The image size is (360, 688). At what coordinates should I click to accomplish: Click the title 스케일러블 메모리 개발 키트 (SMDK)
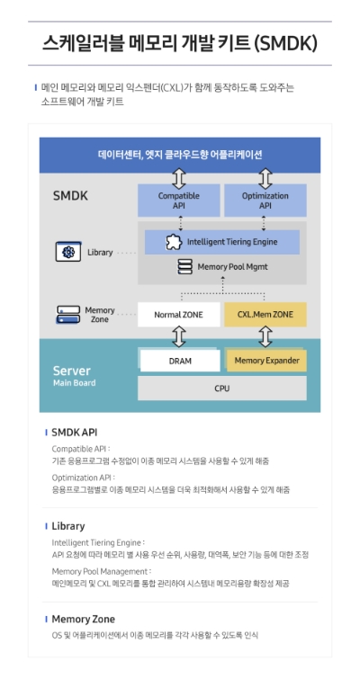click(180, 43)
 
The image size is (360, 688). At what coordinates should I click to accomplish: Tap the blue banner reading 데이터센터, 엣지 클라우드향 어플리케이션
click(180, 154)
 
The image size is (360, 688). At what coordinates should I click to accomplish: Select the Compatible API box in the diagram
click(178, 200)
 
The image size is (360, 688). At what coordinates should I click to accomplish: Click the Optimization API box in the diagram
click(265, 200)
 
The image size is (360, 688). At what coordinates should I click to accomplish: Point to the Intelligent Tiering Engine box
click(222, 242)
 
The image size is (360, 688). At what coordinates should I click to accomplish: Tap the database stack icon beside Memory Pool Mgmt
click(184, 267)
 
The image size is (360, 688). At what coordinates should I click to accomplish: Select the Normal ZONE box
click(178, 315)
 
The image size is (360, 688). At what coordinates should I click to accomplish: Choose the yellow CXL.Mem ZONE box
click(265, 315)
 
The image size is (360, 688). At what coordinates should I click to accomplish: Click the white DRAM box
click(179, 361)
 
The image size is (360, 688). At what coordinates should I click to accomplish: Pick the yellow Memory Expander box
click(265, 361)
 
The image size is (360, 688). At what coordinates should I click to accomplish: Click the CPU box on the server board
click(221, 389)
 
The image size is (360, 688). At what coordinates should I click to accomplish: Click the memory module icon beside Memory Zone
click(68, 315)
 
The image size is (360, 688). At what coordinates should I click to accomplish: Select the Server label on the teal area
click(71, 371)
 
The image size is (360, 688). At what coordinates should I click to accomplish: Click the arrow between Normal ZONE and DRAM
click(178, 337)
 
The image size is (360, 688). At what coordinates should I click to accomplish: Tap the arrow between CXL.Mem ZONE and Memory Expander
click(265, 337)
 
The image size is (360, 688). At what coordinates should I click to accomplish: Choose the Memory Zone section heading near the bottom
click(83, 619)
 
